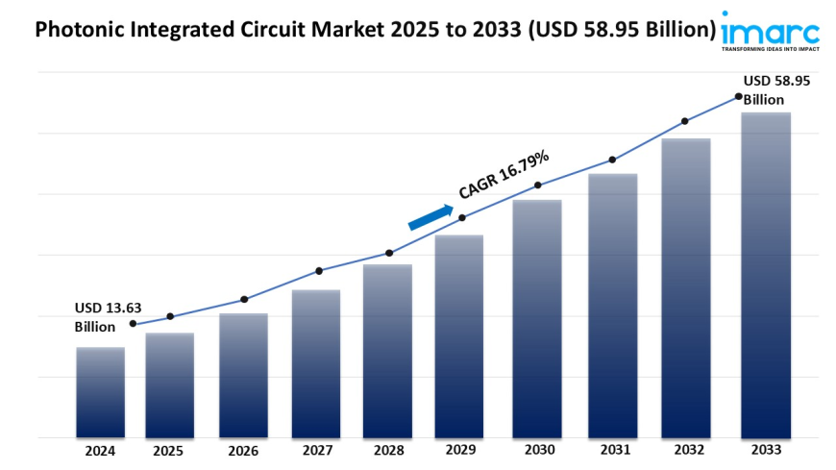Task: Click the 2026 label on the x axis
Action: click(243, 451)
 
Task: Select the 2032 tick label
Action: click(686, 451)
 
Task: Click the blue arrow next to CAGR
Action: click(430, 217)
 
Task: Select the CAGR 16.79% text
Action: click(504, 174)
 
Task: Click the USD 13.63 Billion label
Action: click(108, 317)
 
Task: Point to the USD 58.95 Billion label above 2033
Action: click(776, 90)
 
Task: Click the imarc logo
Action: click(771, 30)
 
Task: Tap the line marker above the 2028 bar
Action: click(389, 253)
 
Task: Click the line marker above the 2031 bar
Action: click(611, 161)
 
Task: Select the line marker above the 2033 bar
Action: click(738, 96)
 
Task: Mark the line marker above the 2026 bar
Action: click(244, 299)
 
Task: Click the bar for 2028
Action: click(387, 351)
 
